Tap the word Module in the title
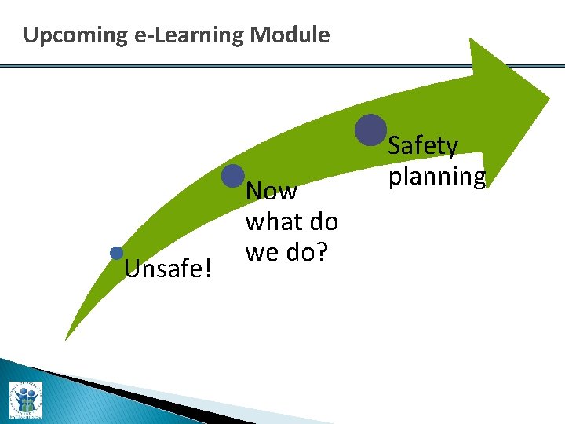pos(293,35)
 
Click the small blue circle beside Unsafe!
pos(117,253)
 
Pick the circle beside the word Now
pos(233,176)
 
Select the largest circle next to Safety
pos(370,130)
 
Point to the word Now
pos(272,192)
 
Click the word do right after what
pos(322,222)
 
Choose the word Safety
pos(423,146)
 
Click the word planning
pos(437,177)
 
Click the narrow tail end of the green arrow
pos(67,335)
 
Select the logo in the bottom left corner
pos(25,400)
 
